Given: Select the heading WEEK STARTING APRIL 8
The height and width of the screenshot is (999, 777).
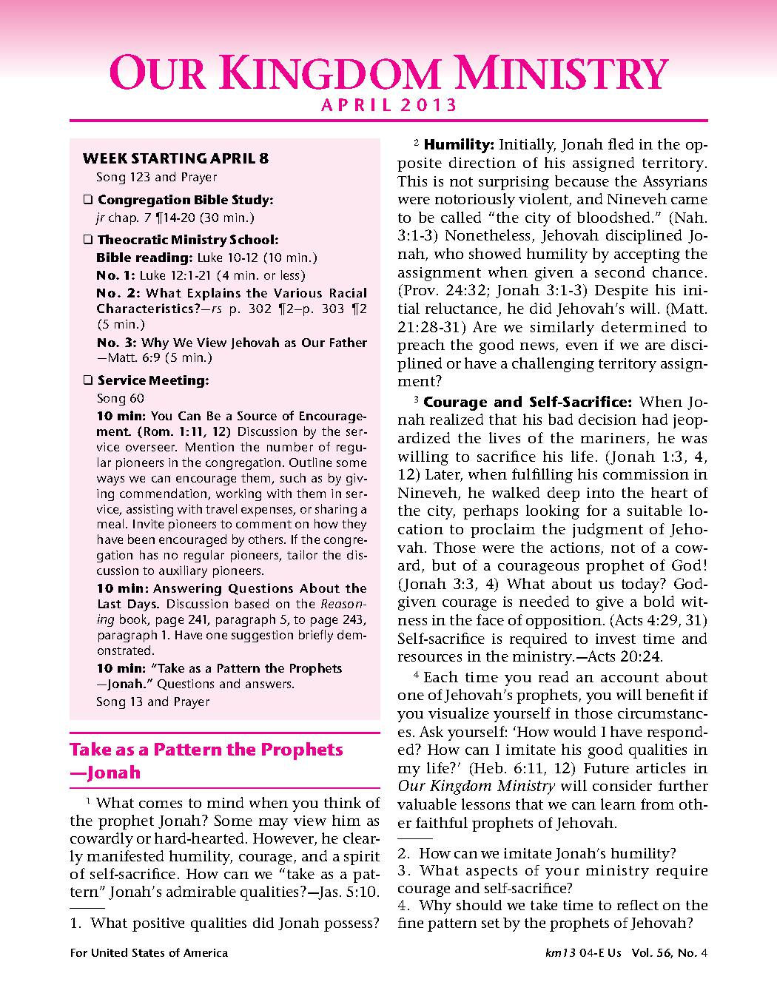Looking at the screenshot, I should click(x=175, y=158).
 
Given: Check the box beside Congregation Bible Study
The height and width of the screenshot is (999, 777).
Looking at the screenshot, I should click(x=87, y=200).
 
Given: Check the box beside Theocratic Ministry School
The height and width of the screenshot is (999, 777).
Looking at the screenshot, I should click(x=87, y=240).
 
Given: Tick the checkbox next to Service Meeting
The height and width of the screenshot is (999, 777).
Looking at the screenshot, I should click(x=87, y=381).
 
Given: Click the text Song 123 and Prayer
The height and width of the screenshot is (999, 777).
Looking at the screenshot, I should click(x=156, y=178).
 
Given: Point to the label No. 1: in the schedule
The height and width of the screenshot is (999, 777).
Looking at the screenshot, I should click(x=110, y=275).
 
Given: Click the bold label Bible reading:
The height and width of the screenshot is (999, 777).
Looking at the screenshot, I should click(x=144, y=258).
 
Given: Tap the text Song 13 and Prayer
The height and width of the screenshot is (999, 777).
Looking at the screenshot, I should click(x=152, y=702).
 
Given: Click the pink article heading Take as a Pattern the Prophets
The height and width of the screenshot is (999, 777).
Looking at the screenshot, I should click(x=206, y=750).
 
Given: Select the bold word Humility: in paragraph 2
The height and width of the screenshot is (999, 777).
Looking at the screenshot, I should click(x=459, y=144).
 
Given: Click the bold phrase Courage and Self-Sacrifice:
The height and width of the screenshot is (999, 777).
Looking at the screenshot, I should click(x=528, y=403).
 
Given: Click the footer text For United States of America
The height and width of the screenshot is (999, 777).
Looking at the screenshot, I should click(x=149, y=953).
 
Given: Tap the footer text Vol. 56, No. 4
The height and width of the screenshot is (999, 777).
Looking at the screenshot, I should click(x=670, y=953).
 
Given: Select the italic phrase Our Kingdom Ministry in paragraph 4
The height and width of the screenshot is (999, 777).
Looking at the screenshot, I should click(x=476, y=787).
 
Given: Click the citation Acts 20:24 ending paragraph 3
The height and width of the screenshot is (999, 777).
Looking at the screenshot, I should click(x=625, y=657).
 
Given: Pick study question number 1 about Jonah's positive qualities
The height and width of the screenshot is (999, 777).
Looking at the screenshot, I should click(x=225, y=923).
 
